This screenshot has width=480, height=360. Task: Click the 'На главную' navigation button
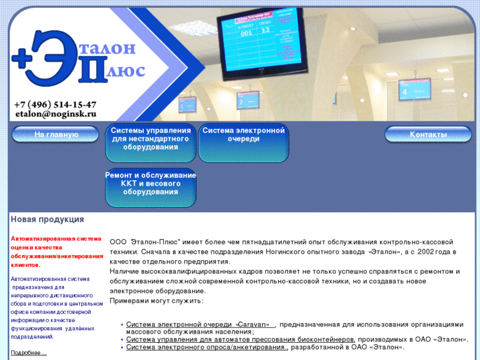point(56,135)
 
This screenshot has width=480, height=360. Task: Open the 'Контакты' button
point(428,135)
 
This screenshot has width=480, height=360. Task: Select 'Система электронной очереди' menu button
point(244,135)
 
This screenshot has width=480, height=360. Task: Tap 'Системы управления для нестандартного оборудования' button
point(151,139)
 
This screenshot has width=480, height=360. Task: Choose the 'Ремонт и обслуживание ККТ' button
point(151,184)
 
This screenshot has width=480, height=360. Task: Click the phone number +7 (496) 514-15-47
point(55,104)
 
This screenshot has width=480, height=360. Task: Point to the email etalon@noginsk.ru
point(55,114)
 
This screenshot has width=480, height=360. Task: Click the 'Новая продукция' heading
point(47,219)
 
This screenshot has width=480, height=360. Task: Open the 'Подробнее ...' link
point(28,353)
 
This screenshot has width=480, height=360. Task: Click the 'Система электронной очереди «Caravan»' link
point(200,324)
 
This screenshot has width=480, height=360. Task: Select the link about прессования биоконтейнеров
point(240,340)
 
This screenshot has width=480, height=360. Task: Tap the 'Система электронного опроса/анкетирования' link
point(207,347)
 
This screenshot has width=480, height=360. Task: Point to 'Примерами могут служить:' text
point(156,301)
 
